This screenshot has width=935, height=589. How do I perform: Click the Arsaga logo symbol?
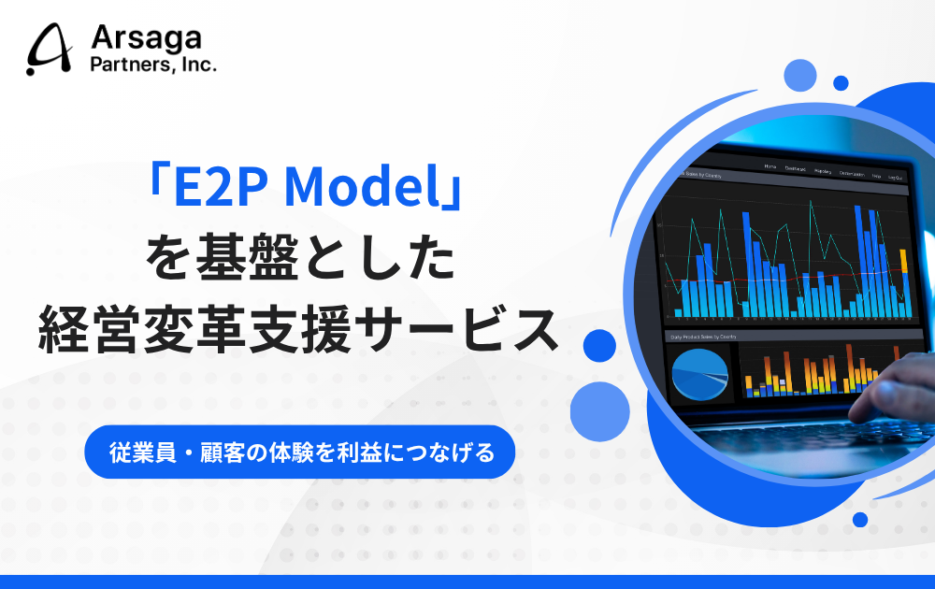coord(50,50)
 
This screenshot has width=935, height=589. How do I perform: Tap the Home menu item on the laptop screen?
coord(770,165)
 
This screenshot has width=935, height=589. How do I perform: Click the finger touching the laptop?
coord(865,384)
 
